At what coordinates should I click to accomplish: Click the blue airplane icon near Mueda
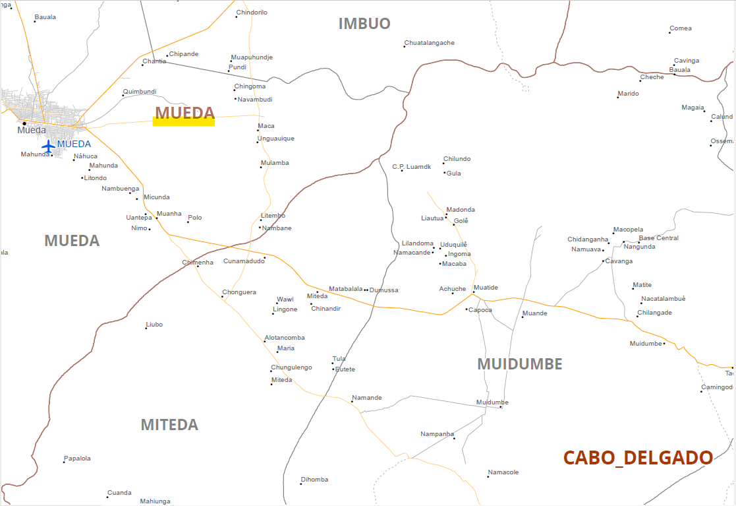click(48, 145)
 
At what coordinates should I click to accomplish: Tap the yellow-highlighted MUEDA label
click(184, 113)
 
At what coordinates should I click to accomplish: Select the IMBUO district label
click(364, 24)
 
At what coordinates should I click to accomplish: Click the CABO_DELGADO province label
click(637, 457)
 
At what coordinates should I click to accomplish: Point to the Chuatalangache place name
click(429, 43)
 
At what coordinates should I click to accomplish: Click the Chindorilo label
click(252, 13)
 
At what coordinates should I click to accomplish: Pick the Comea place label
click(681, 28)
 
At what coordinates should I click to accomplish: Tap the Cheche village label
click(652, 77)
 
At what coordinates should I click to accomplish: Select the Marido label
click(628, 94)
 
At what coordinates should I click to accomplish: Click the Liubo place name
click(154, 325)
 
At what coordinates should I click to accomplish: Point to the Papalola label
click(77, 459)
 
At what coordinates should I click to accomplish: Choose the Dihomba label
click(314, 480)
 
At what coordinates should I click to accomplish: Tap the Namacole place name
click(503, 472)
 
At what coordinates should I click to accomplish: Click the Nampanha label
click(438, 434)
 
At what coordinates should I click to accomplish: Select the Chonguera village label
click(239, 292)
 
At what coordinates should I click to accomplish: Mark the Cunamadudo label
click(244, 261)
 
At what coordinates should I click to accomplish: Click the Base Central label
click(658, 238)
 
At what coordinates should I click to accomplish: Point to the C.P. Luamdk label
click(411, 167)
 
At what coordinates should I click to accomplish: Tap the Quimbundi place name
click(140, 92)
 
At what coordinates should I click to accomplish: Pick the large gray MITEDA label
click(169, 424)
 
